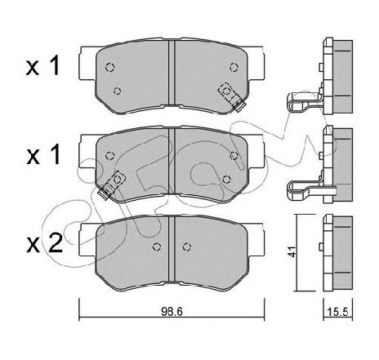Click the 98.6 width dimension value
coord(172,312)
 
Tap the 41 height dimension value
coord(292,251)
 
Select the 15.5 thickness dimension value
coord(338,312)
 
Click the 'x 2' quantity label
coord(44,243)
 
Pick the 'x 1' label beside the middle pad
coord(43,155)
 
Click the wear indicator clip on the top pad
coord(231,97)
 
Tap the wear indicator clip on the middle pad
coord(112,184)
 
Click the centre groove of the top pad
coord(172,73)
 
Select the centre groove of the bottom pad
coord(172,249)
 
